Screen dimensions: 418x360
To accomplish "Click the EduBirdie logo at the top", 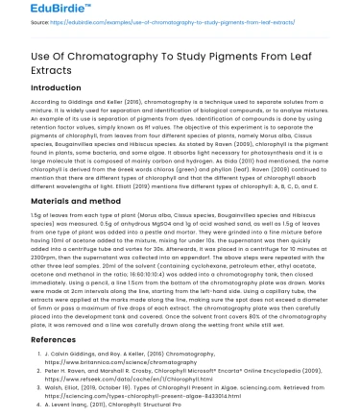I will [x=31, y=12].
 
